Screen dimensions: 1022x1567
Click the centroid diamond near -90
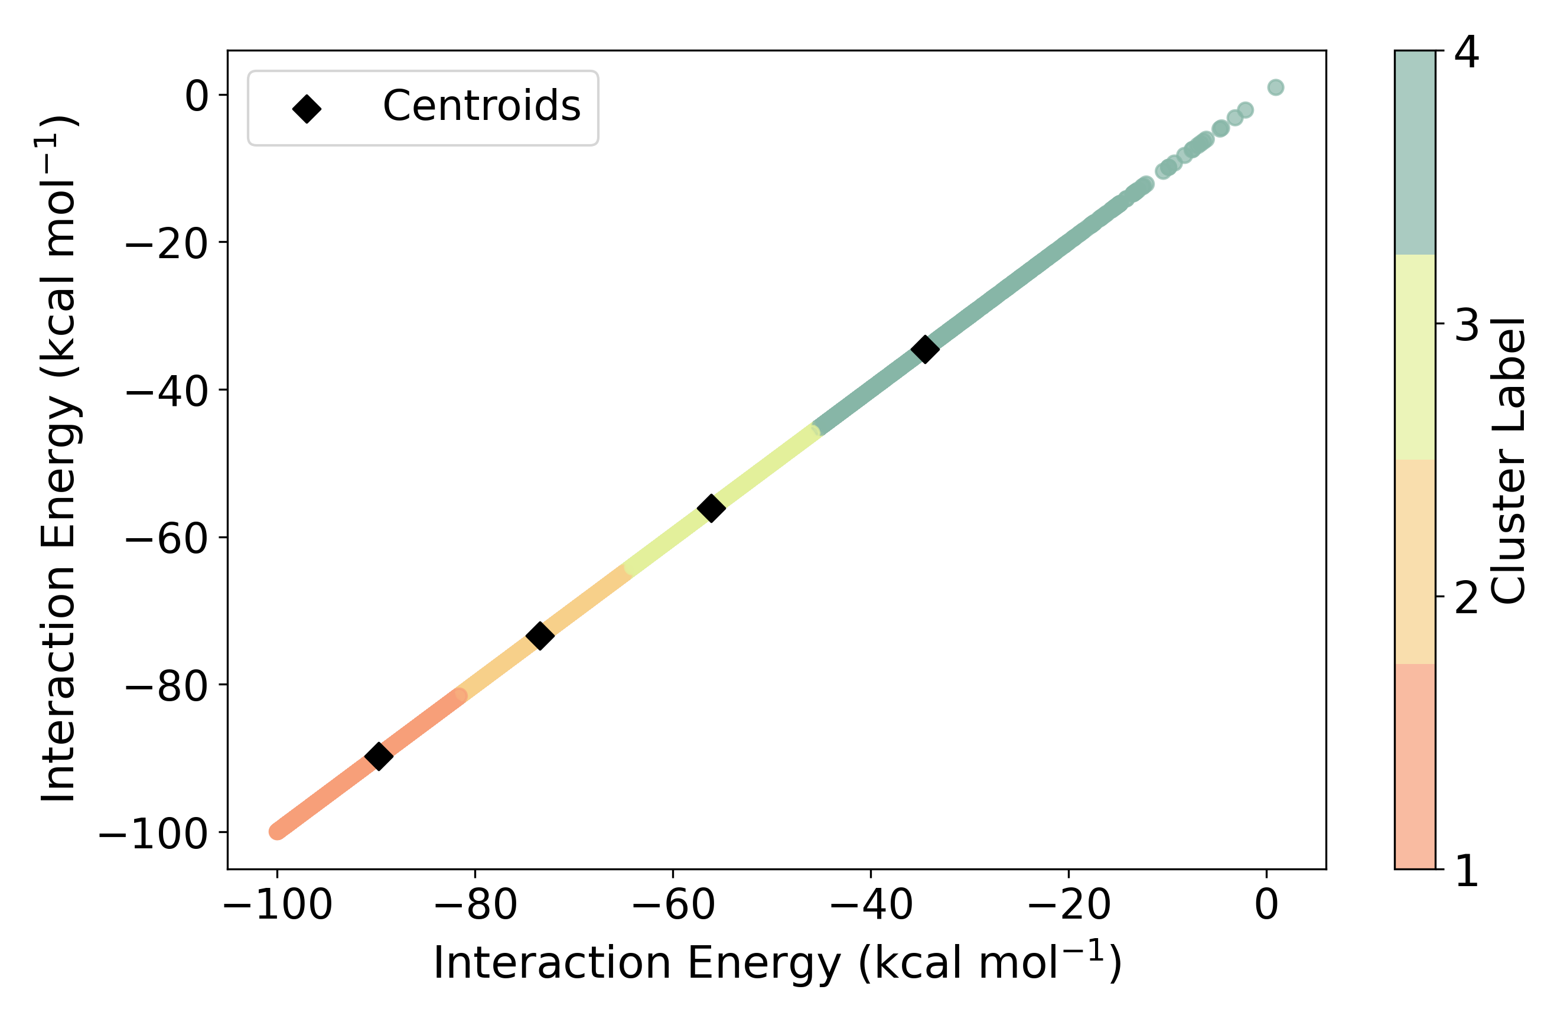(x=379, y=756)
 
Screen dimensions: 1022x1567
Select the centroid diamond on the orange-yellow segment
(x=540, y=636)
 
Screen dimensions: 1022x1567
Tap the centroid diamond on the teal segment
(x=925, y=349)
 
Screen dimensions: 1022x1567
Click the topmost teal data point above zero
(x=1275, y=87)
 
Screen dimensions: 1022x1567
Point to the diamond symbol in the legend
(x=307, y=109)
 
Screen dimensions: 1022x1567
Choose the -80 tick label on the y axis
(x=167, y=687)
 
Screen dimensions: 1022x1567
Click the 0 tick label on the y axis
(x=197, y=97)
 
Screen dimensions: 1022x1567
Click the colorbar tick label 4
(x=1466, y=53)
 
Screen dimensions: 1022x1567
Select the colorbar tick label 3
(x=1466, y=326)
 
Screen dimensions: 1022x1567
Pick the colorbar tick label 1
(x=1466, y=871)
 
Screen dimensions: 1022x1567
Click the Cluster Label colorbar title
(x=1508, y=461)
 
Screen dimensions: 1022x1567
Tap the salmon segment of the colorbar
(x=1415, y=767)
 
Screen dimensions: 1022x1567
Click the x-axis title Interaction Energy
(x=777, y=963)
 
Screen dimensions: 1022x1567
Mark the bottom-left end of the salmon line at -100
(x=278, y=832)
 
